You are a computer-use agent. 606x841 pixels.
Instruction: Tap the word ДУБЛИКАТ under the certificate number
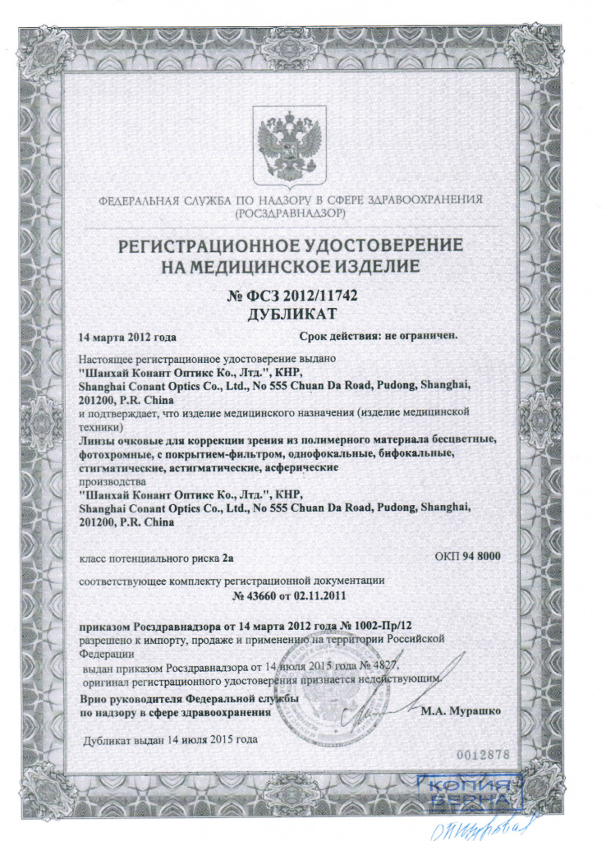294,314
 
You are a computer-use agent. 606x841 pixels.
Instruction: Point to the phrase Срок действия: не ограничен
378,336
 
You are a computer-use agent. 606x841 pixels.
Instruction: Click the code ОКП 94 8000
466,557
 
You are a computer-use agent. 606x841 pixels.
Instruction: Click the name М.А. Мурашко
459,710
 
